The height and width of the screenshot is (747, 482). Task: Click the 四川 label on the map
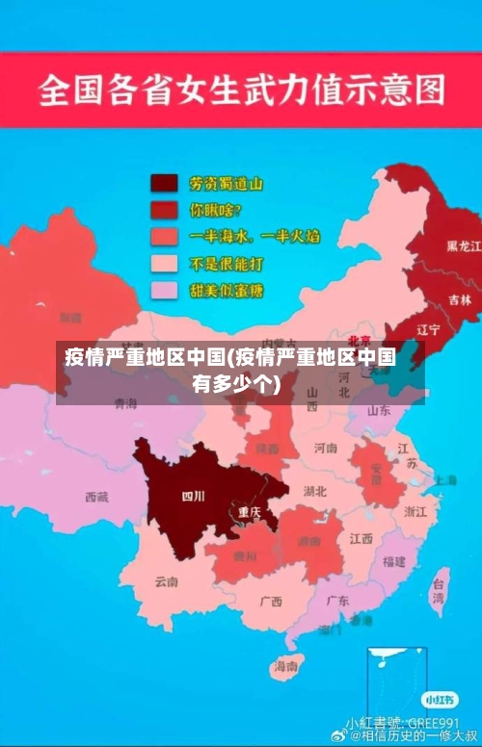point(194,497)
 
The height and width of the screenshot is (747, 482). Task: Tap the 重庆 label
point(250,512)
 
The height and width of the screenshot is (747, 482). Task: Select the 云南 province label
point(166,581)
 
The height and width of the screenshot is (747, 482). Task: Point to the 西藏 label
point(96,497)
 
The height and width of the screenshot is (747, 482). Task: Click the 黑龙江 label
point(463,245)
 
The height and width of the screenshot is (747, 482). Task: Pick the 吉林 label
point(460,299)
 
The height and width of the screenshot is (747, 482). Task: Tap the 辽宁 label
point(428,329)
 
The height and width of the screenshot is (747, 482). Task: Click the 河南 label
point(326,448)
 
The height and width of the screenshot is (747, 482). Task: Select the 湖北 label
point(314,491)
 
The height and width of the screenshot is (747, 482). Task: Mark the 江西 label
point(361,539)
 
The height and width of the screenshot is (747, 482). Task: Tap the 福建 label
point(393,560)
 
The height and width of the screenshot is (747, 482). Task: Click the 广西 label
point(271,602)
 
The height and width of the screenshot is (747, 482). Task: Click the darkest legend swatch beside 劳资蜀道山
point(164,183)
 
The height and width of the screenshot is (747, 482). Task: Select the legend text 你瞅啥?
point(216,209)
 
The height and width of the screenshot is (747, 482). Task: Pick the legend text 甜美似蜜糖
point(227,290)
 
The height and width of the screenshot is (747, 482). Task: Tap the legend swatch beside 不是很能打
point(164,263)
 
